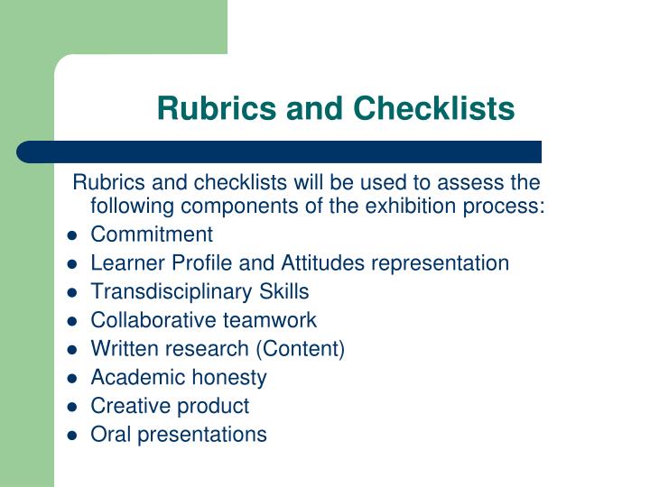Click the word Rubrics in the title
point(217,108)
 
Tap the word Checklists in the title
point(433,108)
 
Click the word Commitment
point(152,234)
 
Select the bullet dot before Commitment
point(72,235)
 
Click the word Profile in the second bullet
point(201,263)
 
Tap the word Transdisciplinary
point(171,291)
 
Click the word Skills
point(284,291)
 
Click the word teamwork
point(270,320)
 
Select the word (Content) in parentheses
point(300,349)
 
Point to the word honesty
point(229,378)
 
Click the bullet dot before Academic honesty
point(72,379)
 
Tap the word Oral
point(111,434)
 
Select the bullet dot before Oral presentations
point(72,436)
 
